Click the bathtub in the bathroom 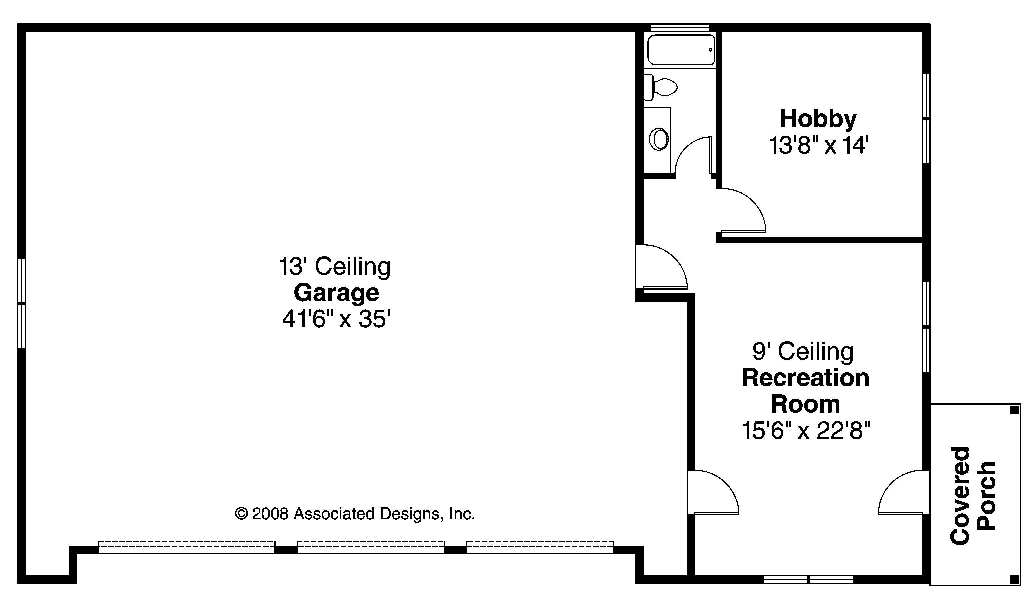681,50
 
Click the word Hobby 818,119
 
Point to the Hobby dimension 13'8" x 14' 818,146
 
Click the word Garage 336,293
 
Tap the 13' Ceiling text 335,266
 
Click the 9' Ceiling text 803,352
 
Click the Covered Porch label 973,496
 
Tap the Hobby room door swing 741,212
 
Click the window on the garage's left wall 21,304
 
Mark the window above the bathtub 680,28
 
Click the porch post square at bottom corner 1014,580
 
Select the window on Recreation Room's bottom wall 808,580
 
